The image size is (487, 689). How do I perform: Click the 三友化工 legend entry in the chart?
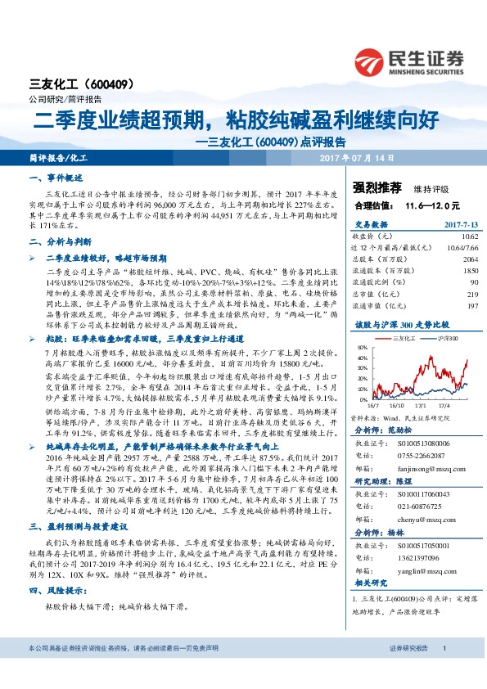click(x=404, y=338)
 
